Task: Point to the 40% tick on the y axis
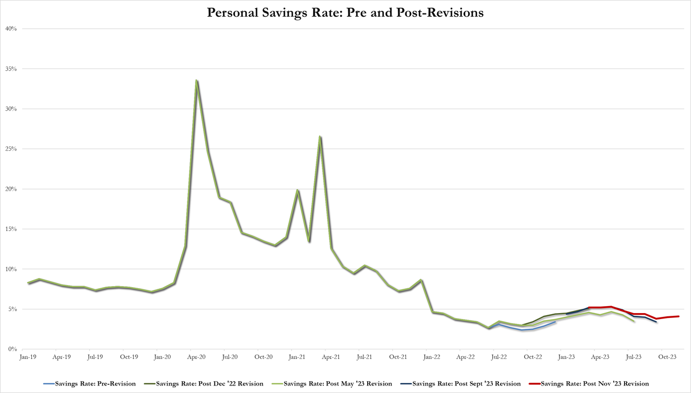coord(12,29)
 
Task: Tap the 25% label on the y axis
coord(12,149)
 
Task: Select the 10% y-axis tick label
coord(12,269)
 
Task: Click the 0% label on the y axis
coord(13,349)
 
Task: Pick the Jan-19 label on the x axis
coord(28,357)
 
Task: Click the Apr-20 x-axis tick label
coord(196,357)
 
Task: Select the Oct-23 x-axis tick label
coord(667,357)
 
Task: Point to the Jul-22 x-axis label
coord(499,357)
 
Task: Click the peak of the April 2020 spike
coord(197,80)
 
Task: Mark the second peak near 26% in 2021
coord(320,137)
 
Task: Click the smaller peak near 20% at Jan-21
coord(297,190)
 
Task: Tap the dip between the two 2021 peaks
coord(309,241)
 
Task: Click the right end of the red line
coord(679,316)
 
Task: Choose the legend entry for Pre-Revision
coord(90,384)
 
